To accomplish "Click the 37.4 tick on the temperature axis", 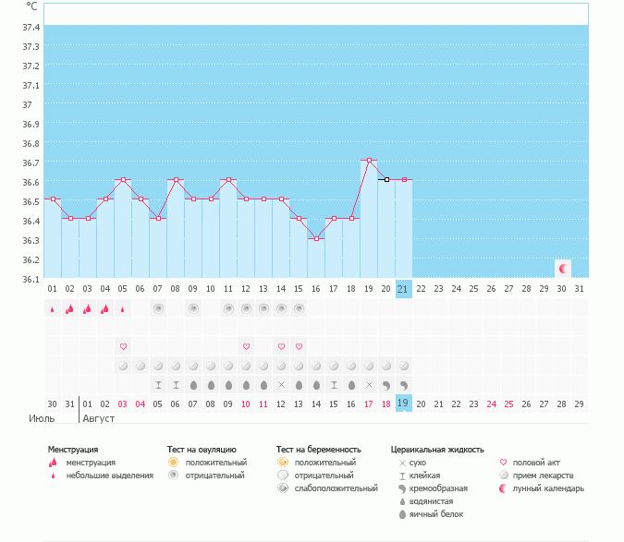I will (31, 27).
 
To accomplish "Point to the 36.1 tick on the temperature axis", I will (31, 279).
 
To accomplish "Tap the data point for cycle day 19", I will (369, 161).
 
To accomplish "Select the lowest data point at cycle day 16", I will (316, 238).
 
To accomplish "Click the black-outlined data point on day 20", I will (386, 180).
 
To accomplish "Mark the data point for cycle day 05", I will (123, 180).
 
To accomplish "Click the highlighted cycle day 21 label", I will (403, 289).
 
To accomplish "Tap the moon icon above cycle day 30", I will (562, 268).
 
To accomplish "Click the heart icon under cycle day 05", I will (123, 346).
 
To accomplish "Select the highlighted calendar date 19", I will (403, 403).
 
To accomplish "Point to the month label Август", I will (99, 418).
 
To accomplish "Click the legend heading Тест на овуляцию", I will (202, 449).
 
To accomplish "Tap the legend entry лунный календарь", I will (550, 488).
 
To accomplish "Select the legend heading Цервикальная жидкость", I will (436, 449).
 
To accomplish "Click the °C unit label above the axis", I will (32, 6).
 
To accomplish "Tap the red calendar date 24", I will (491, 403).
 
